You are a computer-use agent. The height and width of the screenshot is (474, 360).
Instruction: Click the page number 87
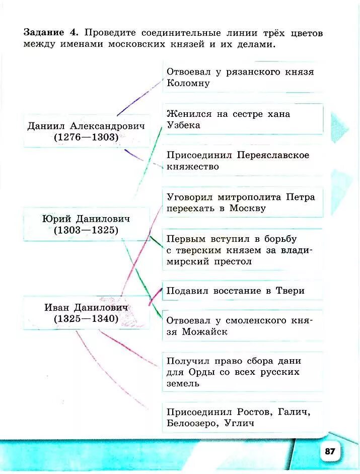330,451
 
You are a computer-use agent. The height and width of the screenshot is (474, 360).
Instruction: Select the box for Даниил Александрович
86,130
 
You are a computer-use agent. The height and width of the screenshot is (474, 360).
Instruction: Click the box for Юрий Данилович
86,224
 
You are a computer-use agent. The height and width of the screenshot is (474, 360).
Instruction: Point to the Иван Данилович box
86,312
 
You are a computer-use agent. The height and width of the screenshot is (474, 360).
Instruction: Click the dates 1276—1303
86,138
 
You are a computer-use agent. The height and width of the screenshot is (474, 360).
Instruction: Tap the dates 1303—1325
86,231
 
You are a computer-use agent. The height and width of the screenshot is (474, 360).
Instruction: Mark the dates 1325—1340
86,319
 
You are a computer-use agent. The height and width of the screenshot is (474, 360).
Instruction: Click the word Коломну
188,83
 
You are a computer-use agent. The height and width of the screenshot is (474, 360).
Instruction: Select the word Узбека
183,125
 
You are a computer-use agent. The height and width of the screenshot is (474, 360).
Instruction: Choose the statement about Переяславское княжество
238,161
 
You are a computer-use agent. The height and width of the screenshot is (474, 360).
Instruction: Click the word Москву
247,208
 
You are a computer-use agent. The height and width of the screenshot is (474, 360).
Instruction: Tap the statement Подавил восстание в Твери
236,291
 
